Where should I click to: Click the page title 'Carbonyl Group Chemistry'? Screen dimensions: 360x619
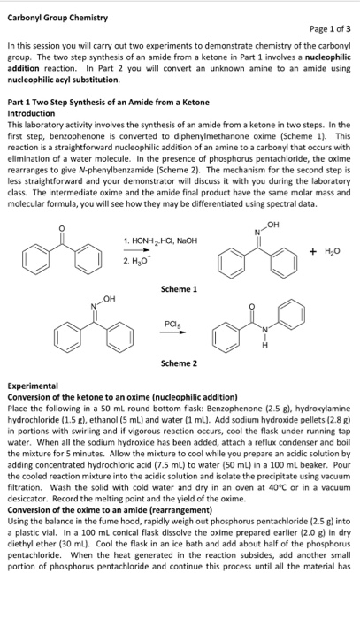pos(57,17)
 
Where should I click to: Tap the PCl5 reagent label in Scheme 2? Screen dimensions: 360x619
pos(179,324)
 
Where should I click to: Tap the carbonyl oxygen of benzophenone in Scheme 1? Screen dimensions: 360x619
pos(59,203)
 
